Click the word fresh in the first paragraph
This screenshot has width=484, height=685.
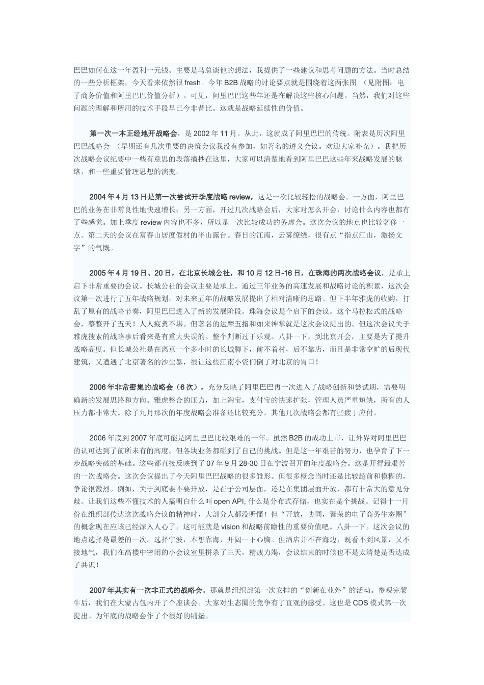pyautogui.click(x=193, y=82)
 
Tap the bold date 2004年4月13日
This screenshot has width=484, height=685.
pyautogui.click(x=116, y=197)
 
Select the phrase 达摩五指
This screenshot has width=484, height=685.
pyautogui.click(x=244, y=324)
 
